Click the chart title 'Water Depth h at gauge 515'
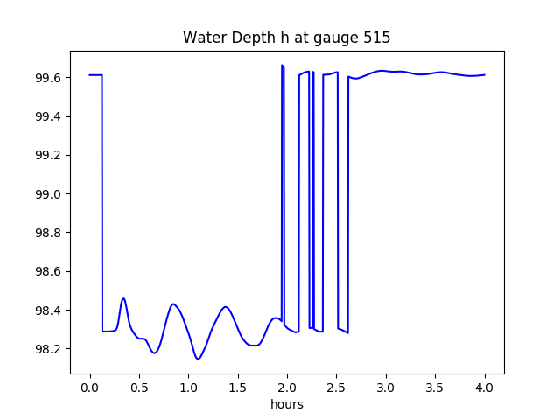click(x=286, y=38)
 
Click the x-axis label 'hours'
click(x=286, y=405)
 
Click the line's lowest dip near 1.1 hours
click(x=198, y=359)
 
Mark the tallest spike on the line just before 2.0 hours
click(x=282, y=66)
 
